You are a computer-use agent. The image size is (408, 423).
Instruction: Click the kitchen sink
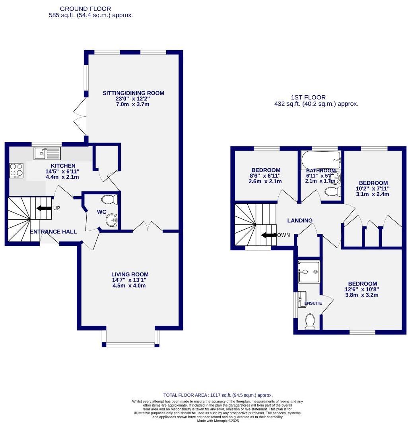[47, 153]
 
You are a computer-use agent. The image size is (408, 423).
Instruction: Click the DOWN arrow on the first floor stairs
[269, 235]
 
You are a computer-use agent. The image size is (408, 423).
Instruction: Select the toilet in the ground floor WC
[108, 199]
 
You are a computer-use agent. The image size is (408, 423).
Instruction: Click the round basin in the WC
[111, 220]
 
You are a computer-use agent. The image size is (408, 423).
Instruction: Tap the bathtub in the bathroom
[321, 160]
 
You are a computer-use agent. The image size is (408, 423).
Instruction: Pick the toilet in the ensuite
[310, 321]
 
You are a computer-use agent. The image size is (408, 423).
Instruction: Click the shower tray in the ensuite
[309, 272]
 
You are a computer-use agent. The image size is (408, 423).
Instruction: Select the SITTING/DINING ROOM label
[133, 93]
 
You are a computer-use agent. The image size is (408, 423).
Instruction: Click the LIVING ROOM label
[130, 274]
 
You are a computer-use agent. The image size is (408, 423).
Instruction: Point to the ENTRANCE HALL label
[53, 232]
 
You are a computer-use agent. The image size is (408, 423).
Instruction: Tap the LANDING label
[300, 220]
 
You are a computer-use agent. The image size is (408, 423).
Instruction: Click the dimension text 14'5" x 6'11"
[62, 171]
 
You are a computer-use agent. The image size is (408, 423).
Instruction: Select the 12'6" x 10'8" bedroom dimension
[362, 289]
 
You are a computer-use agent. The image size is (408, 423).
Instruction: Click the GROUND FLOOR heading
[85, 8]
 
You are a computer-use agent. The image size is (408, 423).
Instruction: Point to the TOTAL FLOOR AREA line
[218, 395]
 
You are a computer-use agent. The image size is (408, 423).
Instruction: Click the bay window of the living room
[131, 344]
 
